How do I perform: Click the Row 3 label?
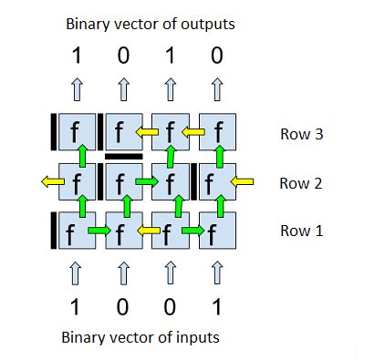[x=301, y=135]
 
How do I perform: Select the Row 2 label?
[x=301, y=183]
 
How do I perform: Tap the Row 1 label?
[x=301, y=231]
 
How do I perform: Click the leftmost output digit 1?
[x=76, y=57]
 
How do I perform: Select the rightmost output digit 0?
[x=216, y=57]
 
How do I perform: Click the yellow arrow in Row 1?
[x=146, y=231]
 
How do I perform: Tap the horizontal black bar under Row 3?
[x=123, y=157]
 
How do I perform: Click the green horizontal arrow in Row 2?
[x=146, y=182]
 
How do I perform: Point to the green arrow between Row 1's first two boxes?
[x=99, y=231]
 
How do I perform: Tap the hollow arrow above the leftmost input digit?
[x=76, y=272]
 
